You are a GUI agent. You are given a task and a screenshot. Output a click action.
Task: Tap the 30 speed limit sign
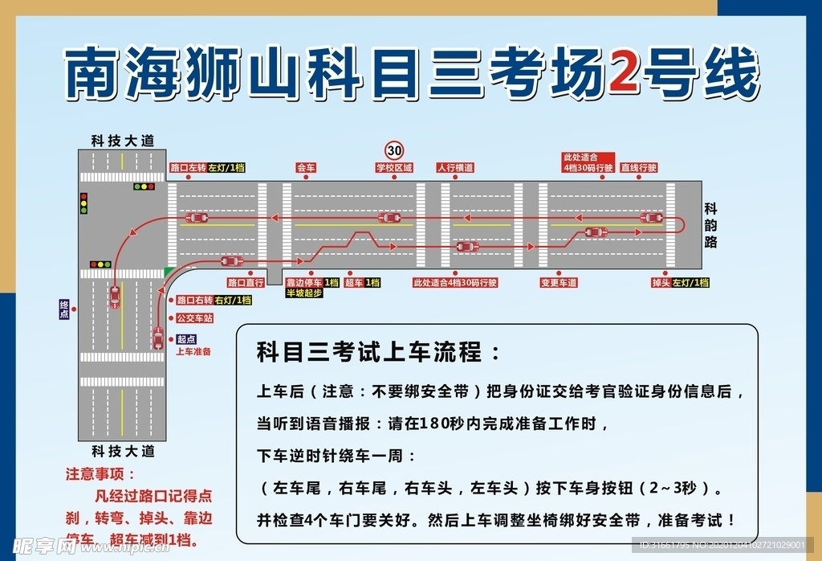[x=394, y=149]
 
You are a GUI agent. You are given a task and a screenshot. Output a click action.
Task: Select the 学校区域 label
[x=394, y=169]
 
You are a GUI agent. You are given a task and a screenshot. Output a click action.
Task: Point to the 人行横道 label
[x=455, y=169]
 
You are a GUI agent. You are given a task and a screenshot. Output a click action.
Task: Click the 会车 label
[x=306, y=169]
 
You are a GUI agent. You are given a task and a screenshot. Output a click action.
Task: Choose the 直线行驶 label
[x=640, y=168]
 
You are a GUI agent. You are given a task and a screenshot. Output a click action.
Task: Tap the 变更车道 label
[x=559, y=283]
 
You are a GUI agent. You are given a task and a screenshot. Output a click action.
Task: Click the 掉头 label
[x=661, y=283]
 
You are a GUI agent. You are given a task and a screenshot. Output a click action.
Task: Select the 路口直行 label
[x=246, y=283]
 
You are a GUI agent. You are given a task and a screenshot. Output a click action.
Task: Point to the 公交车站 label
[x=194, y=318]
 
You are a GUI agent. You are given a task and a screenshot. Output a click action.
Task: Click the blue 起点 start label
[x=186, y=339]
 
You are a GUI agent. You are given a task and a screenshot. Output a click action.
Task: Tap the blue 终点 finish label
[x=64, y=309]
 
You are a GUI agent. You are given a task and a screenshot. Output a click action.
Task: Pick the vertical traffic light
[x=83, y=203]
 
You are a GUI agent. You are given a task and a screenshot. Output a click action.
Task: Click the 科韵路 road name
[x=710, y=225]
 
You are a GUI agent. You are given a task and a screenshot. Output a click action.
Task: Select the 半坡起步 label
[x=304, y=293]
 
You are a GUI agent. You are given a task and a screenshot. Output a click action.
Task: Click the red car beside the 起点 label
[x=158, y=338]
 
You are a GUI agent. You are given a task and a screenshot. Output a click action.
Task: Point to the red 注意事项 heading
[x=101, y=474]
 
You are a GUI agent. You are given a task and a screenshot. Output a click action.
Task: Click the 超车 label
[x=354, y=283]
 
